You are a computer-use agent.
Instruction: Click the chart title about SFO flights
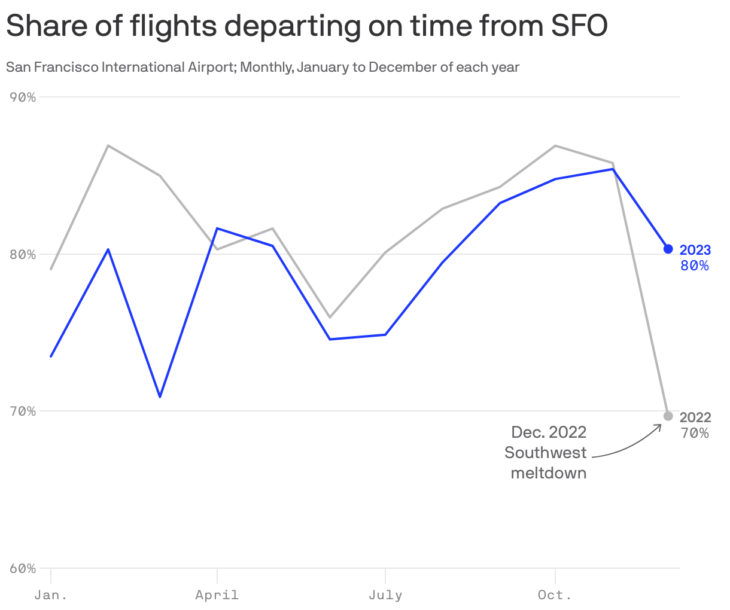[306, 26]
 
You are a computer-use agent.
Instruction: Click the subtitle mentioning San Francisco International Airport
[263, 67]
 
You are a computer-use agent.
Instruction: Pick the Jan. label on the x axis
[51, 595]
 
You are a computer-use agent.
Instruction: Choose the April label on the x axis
[217, 595]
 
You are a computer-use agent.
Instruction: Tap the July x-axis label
[385, 595]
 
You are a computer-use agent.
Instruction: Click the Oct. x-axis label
[555, 595]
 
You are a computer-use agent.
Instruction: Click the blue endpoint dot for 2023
[668, 249]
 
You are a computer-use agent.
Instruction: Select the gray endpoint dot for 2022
[668, 416]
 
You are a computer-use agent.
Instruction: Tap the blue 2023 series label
[695, 250]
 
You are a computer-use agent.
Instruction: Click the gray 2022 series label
[695, 417]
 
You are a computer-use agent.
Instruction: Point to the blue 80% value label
[695, 266]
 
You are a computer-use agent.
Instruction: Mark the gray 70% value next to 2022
[695, 434]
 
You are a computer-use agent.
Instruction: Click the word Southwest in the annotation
[545, 453]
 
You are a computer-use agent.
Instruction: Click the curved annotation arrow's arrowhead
[661, 425]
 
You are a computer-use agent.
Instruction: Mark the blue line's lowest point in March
[160, 396]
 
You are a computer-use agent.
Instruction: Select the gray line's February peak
[108, 145]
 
